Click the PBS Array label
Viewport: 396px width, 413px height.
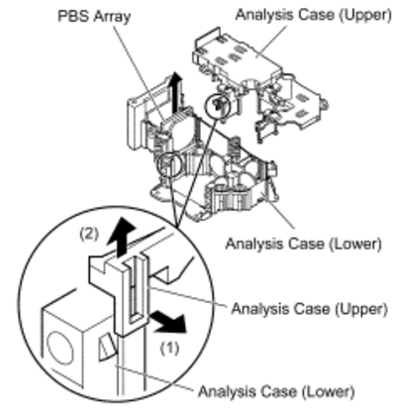coord(94,17)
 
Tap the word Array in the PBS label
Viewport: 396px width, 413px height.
coord(112,17)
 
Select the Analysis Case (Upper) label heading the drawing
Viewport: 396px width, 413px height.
coord(313,15)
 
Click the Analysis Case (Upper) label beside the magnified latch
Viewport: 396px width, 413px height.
coord(309,309)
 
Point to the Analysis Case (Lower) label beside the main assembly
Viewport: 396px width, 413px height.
coord(303,244)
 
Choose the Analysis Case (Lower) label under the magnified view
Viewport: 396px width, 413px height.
coord(276,391)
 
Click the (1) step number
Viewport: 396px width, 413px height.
coord(170,348)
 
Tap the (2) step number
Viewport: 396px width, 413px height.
coord(89,234)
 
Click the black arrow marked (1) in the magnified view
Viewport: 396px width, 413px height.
coord(168,323)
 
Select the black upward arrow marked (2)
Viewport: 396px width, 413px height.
coord(122,236)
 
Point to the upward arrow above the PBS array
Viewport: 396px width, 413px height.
coord(177,91)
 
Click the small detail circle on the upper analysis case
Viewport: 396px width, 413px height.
coord(217,106)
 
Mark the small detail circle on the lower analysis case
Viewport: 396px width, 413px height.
coord(169,164)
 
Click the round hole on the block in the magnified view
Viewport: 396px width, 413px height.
coord(60,349)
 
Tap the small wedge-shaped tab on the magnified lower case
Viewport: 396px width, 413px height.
coord(108,347)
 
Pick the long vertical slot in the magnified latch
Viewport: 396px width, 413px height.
coord(133,290)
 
